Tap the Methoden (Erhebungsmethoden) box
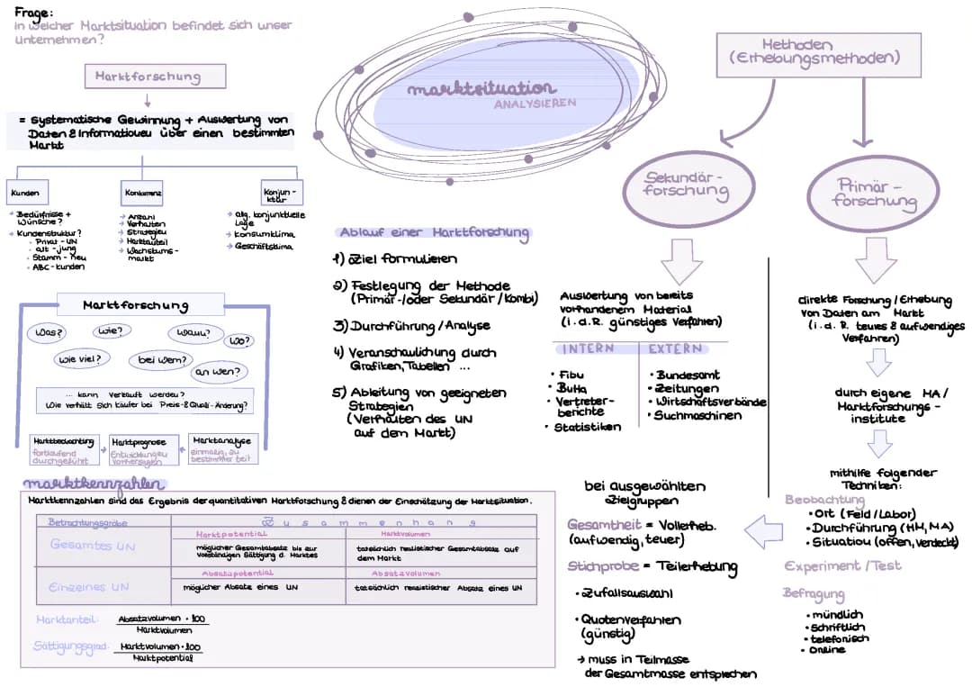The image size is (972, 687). click(817, 51)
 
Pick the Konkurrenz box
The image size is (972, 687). click(143, 193)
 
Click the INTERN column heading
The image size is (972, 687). click(589, 348)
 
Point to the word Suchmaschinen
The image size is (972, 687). click(697, 415)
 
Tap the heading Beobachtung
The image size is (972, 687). click(819, 499)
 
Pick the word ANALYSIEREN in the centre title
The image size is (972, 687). click(535, 104)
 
